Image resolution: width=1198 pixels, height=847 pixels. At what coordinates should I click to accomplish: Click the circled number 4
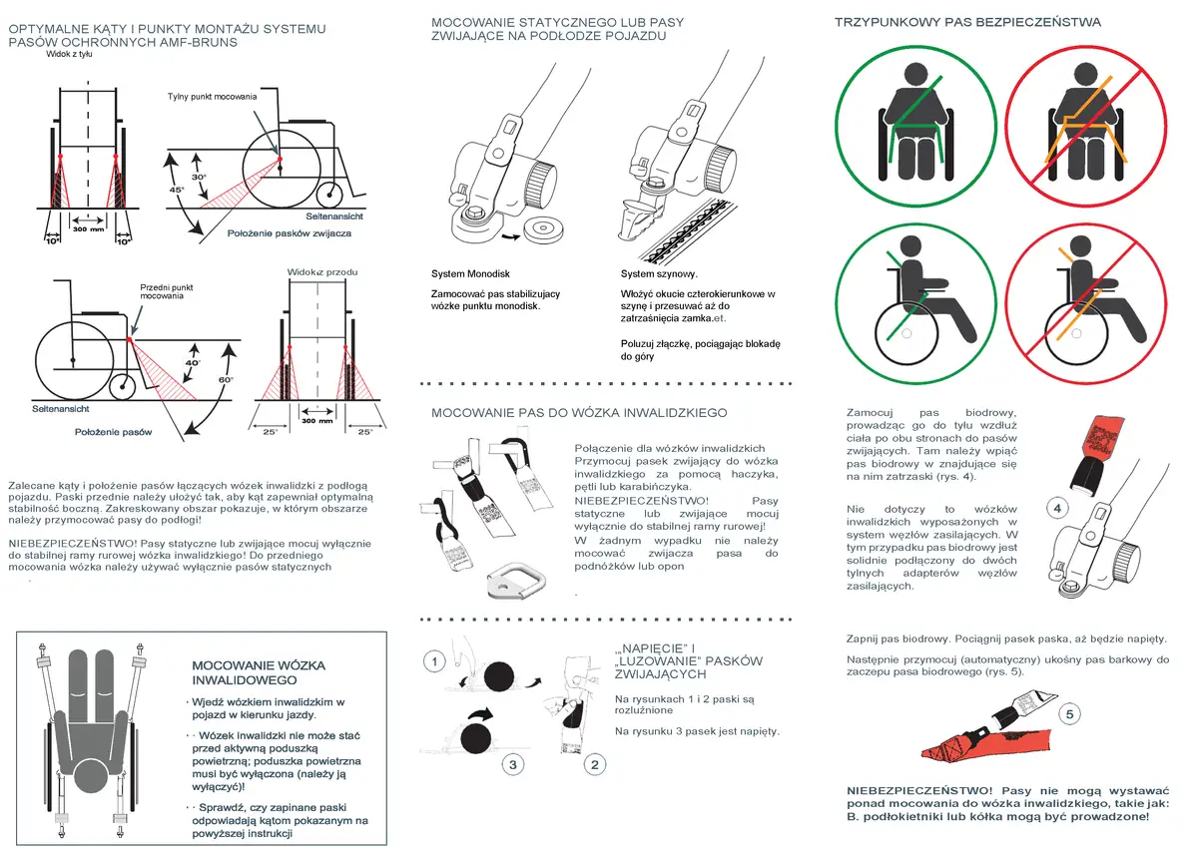1057,508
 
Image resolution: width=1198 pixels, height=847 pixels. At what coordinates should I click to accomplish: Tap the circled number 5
1069,714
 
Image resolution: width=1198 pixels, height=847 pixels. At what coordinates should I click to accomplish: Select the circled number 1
434,661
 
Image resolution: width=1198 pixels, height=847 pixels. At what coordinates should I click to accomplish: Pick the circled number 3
513,765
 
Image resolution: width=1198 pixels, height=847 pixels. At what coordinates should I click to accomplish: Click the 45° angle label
177,190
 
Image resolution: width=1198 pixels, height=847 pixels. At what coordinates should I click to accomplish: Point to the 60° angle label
226,379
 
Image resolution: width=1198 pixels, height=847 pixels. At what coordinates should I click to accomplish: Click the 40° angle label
193,363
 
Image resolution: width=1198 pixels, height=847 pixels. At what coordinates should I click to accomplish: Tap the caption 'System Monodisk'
470,273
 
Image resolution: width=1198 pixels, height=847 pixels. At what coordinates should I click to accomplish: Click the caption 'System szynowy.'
659,273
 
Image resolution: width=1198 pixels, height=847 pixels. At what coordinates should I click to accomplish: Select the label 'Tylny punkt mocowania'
212,97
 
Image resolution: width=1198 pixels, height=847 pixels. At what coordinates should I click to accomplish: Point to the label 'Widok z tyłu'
69,54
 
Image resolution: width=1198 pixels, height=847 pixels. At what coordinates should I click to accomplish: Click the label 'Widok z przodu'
322,272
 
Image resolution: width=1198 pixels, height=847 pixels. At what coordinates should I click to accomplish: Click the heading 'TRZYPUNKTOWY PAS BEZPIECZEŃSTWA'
967,22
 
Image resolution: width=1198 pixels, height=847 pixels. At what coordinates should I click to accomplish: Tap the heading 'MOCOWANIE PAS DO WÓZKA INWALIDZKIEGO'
579,413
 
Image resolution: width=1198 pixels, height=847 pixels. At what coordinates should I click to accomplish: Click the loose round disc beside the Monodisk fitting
543,228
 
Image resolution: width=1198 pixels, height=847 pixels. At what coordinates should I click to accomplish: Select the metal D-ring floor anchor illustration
516,580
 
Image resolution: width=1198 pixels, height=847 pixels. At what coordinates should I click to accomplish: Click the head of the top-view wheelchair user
94,775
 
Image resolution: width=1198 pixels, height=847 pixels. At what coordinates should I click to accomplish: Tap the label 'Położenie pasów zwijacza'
290,233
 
